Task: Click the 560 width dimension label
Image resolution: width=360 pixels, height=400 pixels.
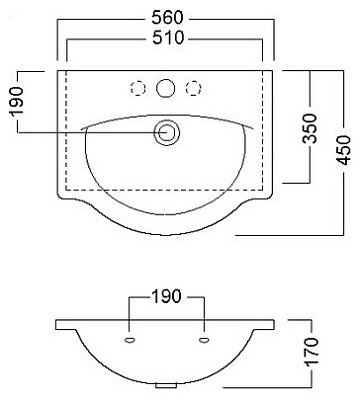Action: pos(168,18)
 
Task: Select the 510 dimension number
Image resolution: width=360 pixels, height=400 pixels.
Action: pos(168,38)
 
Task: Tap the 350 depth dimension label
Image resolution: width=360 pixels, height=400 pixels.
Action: pos(310,128)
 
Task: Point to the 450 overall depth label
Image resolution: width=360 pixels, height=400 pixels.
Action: pos(343,150)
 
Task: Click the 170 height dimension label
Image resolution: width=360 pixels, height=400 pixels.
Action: pos(312,352)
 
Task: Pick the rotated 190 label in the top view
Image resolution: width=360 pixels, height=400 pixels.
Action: pos(17,101)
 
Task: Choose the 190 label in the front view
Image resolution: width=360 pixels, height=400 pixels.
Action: pos(167,296)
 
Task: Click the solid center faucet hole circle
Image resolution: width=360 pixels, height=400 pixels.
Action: pos(166,88)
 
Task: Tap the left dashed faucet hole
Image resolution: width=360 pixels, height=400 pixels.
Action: pos(138,89)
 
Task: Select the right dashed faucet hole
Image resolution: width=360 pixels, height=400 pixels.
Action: pos(193,89)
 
